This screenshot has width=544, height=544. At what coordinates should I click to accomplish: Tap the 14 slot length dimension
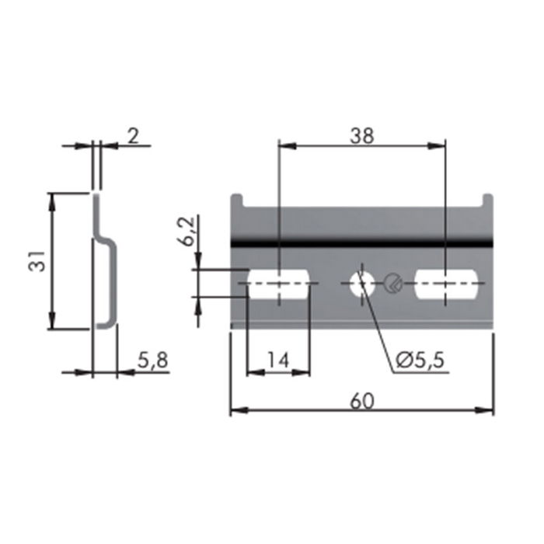[277, 360]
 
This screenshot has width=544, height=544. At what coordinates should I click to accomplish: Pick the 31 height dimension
[36, 262]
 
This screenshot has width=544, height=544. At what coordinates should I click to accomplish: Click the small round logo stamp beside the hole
[393, 284]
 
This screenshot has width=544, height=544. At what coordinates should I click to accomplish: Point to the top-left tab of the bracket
[239, 201]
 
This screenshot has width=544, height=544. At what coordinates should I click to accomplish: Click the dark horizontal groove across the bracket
[362, 244]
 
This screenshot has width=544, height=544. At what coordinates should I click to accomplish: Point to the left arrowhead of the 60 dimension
[236, 410]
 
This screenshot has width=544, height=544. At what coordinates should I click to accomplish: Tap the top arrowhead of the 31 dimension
[52, 199]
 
